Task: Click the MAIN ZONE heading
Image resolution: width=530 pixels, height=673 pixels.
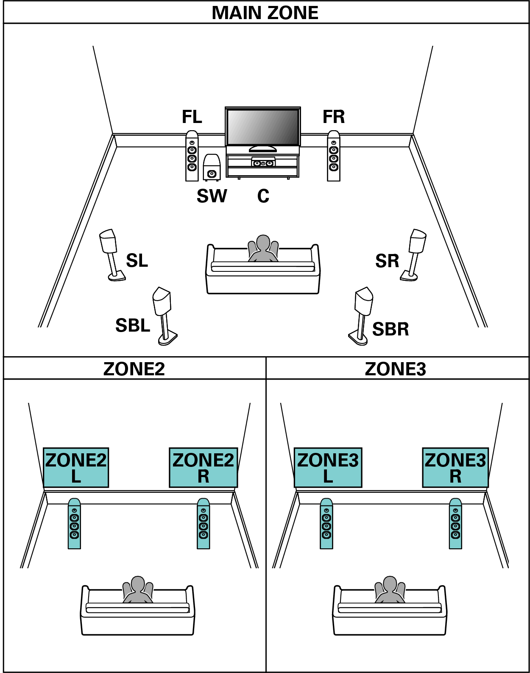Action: [x=265, y=13]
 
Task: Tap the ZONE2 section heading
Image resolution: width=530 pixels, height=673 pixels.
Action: [x=134, y=369]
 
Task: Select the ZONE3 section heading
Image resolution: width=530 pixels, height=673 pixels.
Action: [x=395, y=369]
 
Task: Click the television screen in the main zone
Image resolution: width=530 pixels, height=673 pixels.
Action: [x=263, y=127]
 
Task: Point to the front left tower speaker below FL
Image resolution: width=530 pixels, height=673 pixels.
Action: [x=192, y=156]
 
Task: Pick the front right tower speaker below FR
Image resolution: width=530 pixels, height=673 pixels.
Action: [x=334, y=156]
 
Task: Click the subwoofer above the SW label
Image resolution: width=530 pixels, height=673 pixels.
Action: [x=212, y=168]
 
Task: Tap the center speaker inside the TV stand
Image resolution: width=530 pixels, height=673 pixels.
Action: [x=263, y=163]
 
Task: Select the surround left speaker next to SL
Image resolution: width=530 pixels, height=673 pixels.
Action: [x=111, y=254]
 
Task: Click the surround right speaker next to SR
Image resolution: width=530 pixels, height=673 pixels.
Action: [x=414, y=254]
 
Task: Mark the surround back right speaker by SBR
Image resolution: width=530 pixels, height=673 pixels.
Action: [x=362, y=316]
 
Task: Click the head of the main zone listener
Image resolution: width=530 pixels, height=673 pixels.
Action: [x=263, y=243]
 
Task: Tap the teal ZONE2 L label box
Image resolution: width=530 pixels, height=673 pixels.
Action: [x=76, y=467]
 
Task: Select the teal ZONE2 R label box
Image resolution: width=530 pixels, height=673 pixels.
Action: [x=203, y=467]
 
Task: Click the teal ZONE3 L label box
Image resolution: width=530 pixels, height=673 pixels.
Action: [x=328, y=467]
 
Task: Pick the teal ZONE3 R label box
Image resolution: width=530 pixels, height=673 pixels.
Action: [x=455, y=467]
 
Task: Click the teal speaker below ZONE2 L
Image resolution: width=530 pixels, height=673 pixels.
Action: [x=74, y=524]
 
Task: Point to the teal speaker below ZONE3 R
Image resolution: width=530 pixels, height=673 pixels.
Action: [x=455, y=524]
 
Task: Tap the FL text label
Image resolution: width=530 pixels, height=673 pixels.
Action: [x=192, y=117]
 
